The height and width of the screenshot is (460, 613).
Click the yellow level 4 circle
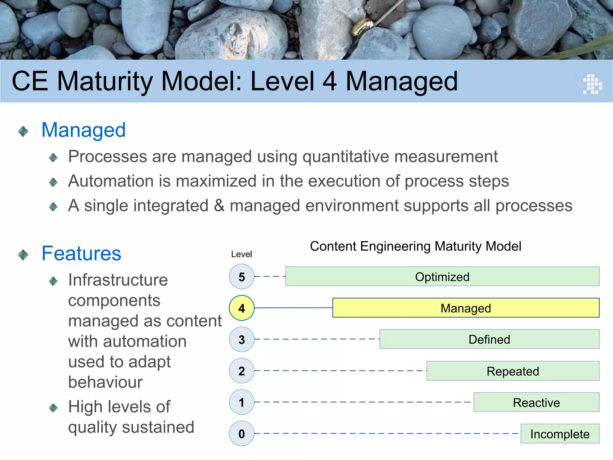[242, 308]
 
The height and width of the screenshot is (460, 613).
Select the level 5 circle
[242, 276]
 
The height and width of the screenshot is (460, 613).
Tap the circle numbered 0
[242, 433]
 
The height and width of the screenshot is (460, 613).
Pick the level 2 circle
[242, 371]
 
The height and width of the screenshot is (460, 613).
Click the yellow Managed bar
[466, 308]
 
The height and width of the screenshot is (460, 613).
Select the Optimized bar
[442, 276]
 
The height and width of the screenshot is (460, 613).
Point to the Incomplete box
[560, 434]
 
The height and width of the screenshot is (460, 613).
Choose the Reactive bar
[536, 402]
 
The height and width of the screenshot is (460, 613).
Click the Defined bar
[489, 339]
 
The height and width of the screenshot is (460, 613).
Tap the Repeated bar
[513, 371]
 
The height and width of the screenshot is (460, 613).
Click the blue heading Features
[81, 253]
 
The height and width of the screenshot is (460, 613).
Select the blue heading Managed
[84, 130]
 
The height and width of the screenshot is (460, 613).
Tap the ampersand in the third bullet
[219, 206]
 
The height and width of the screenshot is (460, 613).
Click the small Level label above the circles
[241, 254]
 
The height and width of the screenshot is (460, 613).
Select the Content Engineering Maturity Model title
[415, 246]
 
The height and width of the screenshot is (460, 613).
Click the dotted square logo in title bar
[592, 84]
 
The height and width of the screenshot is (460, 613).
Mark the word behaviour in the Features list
[105, 382]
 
